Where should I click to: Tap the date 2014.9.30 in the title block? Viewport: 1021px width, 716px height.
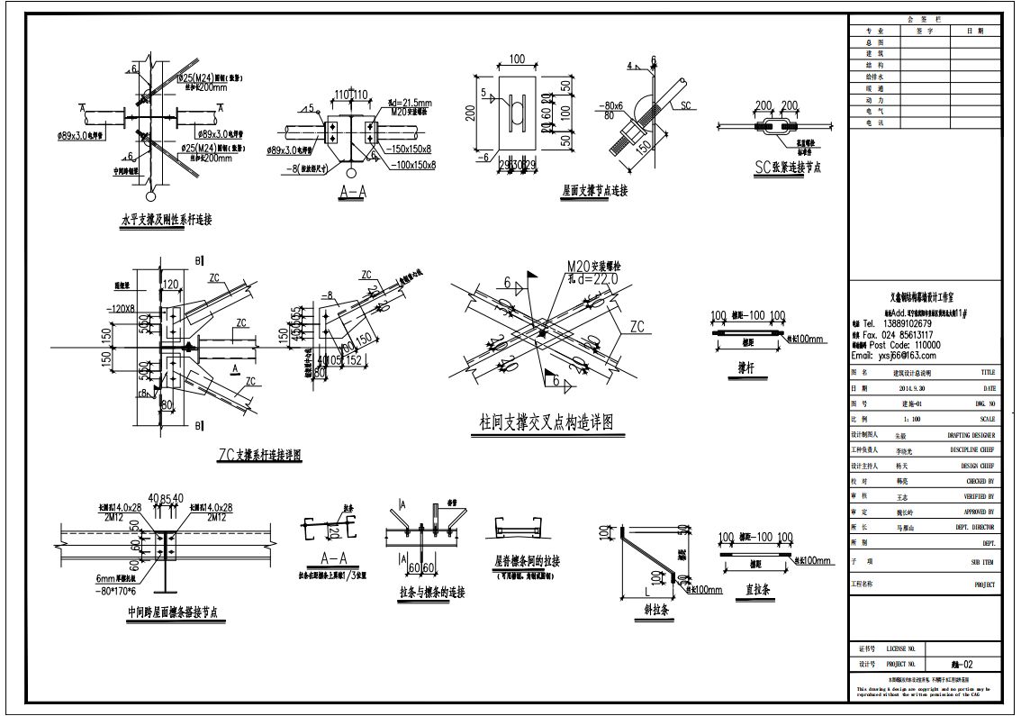point(917,388)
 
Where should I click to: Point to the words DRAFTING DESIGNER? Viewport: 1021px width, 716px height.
point(971,435)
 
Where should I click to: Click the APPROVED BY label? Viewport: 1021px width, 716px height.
point(977,512)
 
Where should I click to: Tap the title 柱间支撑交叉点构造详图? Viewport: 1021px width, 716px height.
point(547,422)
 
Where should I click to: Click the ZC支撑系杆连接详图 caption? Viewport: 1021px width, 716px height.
point(260,456)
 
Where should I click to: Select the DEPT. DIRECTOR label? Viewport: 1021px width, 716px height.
point(971,527)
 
